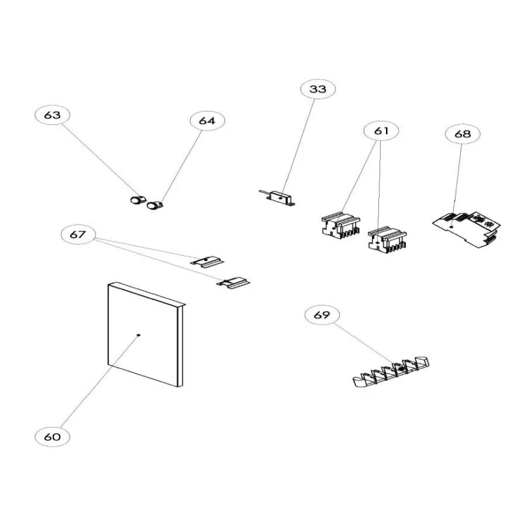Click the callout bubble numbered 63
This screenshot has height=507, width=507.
click(x=53, y=115)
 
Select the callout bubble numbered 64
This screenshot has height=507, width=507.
click(x=207, y=120)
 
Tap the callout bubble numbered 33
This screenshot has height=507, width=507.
click(x=318, y=89)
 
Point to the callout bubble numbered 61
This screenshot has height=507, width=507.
click(x=381, y=131)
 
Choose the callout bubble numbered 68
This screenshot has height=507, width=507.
click(x=463, y=134)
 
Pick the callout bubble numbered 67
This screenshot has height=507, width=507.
click(x=77, y=234)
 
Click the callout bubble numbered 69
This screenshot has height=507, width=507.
click(x=322, y=314)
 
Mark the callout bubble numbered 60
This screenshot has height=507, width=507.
click(x=53, y=437)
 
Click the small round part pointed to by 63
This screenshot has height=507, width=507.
click(x=136, y=201)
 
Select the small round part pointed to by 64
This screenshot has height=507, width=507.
click(x=154, y=205)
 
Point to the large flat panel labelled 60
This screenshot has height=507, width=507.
click(x=143, y=336)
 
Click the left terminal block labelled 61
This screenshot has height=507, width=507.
click(x=340, y=226)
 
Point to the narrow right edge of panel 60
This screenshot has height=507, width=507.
click(x=181, y=345)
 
